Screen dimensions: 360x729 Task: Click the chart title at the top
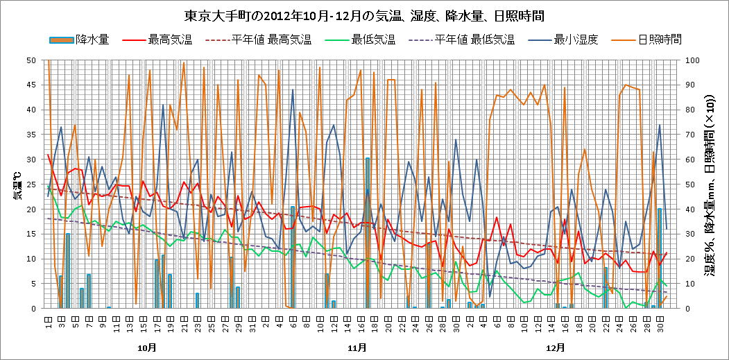pyautogui.click(x=364, y=15)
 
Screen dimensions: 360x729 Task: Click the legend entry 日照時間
pyautogui.click(x=660, y=40)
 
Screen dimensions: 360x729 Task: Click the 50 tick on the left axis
pyautogui.click(x=32, y=60)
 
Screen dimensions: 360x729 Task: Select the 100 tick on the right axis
pyautogui.click(x=694, y=60)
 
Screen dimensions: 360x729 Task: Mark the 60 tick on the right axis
pyautogui.click(x=692, y=160)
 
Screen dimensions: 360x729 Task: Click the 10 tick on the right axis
pyautogui.click(x=692, y=284)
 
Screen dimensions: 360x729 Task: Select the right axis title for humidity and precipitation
pyautogui.click(x=714, y=184)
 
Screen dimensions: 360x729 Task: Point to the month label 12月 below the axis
pyautogui.click(x=555, y=347)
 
